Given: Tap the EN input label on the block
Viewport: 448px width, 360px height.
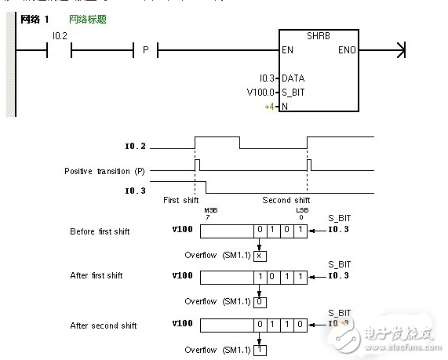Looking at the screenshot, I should (x=288, y=51).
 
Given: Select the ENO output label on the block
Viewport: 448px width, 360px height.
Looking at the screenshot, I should (x=346, y=51).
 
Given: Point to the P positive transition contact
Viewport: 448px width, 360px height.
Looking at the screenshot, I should (x=144, y=52).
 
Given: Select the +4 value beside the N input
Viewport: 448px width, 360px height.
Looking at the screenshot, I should (x=269, y=105).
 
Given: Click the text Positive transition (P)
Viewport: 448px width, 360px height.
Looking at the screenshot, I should (x=107, y=169).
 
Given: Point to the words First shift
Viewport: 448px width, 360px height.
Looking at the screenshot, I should (x=181, y=200).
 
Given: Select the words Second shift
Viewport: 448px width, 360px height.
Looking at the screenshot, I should (x=286, y=200).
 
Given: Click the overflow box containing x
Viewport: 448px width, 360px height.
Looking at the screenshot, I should (x=260, y=255).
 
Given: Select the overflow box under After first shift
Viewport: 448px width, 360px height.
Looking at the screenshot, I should (x=260, y=301).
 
